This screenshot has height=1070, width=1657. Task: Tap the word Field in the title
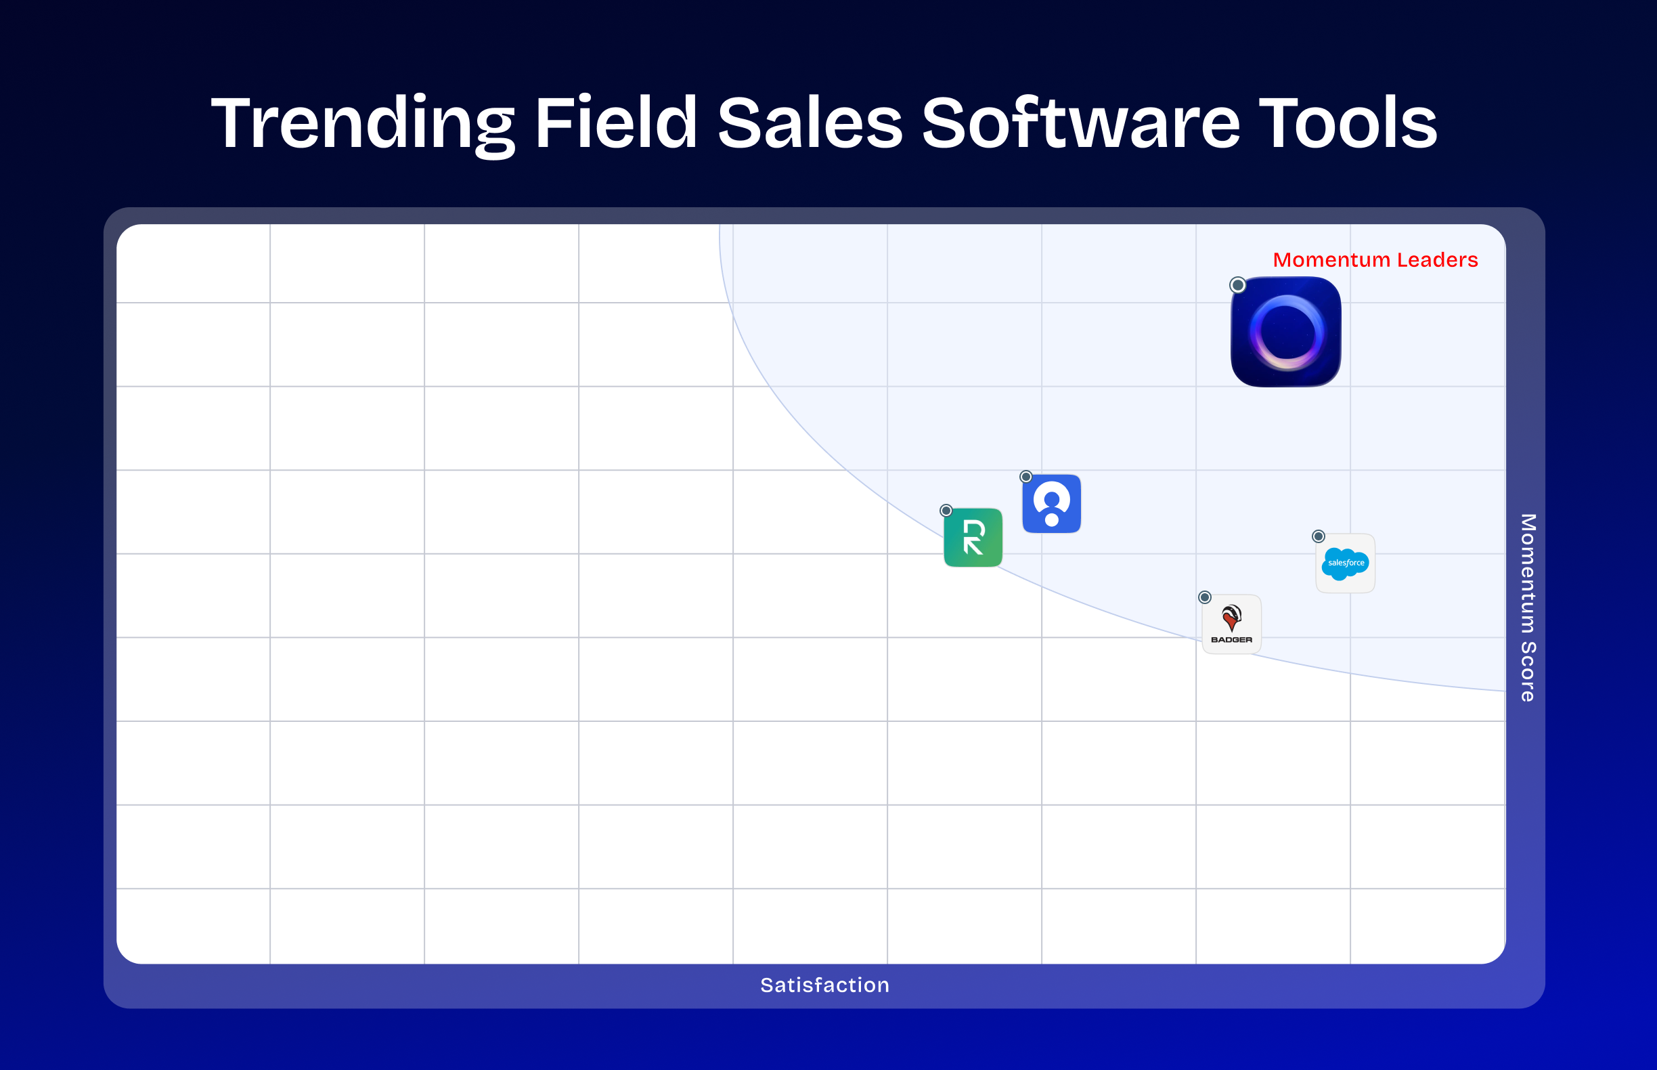pos(615,123)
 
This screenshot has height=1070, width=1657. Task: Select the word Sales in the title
pos(810,123)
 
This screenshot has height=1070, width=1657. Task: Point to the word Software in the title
pos(1080,123)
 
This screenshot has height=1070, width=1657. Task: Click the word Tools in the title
pos(1347,123)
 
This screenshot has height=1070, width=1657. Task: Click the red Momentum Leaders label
pos(1375,260)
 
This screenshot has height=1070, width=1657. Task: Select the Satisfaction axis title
pos(824,985)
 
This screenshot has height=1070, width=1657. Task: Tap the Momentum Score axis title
pos(1528,607)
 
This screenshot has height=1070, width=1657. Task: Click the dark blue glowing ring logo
pos(1285,332)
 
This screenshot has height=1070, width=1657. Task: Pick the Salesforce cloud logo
pos(1345,563)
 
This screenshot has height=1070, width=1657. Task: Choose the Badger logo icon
pos(1231,624)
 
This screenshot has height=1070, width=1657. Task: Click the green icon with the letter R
pos(973,538)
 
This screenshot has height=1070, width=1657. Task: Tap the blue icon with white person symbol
pos(1051,504)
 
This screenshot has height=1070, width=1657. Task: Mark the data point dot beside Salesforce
pos(1318,536)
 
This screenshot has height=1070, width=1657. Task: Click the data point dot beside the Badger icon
pos(1205,597)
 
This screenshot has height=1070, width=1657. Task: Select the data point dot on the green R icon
pos(946,511)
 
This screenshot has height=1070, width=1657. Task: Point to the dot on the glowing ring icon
pos(1237,285)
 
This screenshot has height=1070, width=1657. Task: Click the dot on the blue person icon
pos(1025,477)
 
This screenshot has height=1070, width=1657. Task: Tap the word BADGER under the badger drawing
pos(1231,640)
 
